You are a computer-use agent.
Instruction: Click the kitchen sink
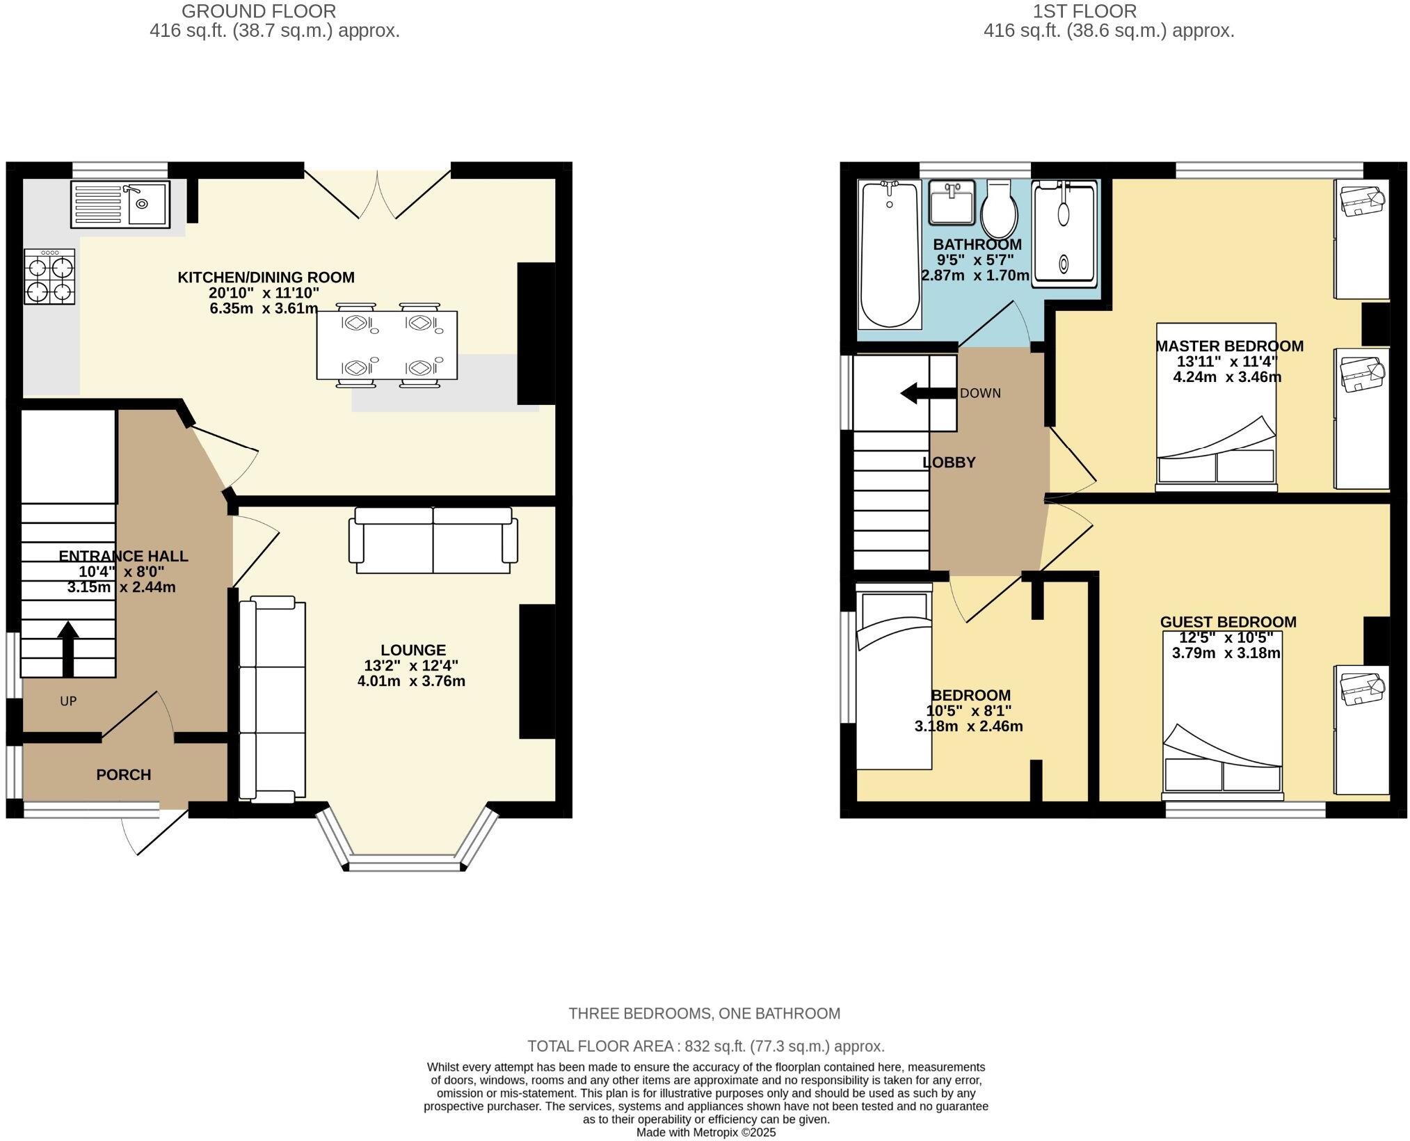(120, 205)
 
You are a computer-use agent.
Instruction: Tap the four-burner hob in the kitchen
(49, 277)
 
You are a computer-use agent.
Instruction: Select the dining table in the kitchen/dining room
(387, 345)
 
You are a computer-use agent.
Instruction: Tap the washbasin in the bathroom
(952, 203)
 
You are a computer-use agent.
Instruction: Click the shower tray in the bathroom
(1064, 234)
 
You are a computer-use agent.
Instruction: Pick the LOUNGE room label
(413, 650)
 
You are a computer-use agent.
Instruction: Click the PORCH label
(124, 774)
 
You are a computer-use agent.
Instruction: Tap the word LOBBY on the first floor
(949, 463)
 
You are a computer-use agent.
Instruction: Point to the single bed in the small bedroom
(893, 682)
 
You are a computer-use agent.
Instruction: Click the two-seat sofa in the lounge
(433, 540)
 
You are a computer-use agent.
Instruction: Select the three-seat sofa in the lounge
(272, 699)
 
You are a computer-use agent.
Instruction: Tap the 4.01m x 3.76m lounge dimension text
(411, 681)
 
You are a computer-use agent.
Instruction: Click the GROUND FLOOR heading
(259, 11)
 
